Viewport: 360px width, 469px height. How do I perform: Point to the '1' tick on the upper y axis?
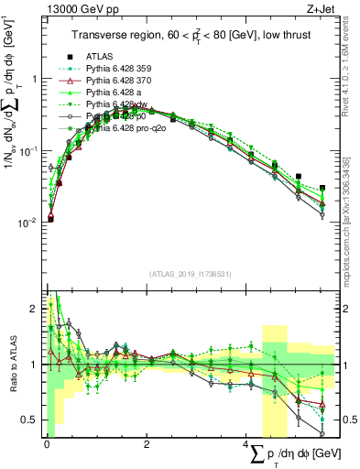(x=34, y=79)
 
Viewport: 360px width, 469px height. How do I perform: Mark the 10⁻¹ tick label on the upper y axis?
(x=27, y=150)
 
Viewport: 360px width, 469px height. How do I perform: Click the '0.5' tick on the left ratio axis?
(x=30, y=420)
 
